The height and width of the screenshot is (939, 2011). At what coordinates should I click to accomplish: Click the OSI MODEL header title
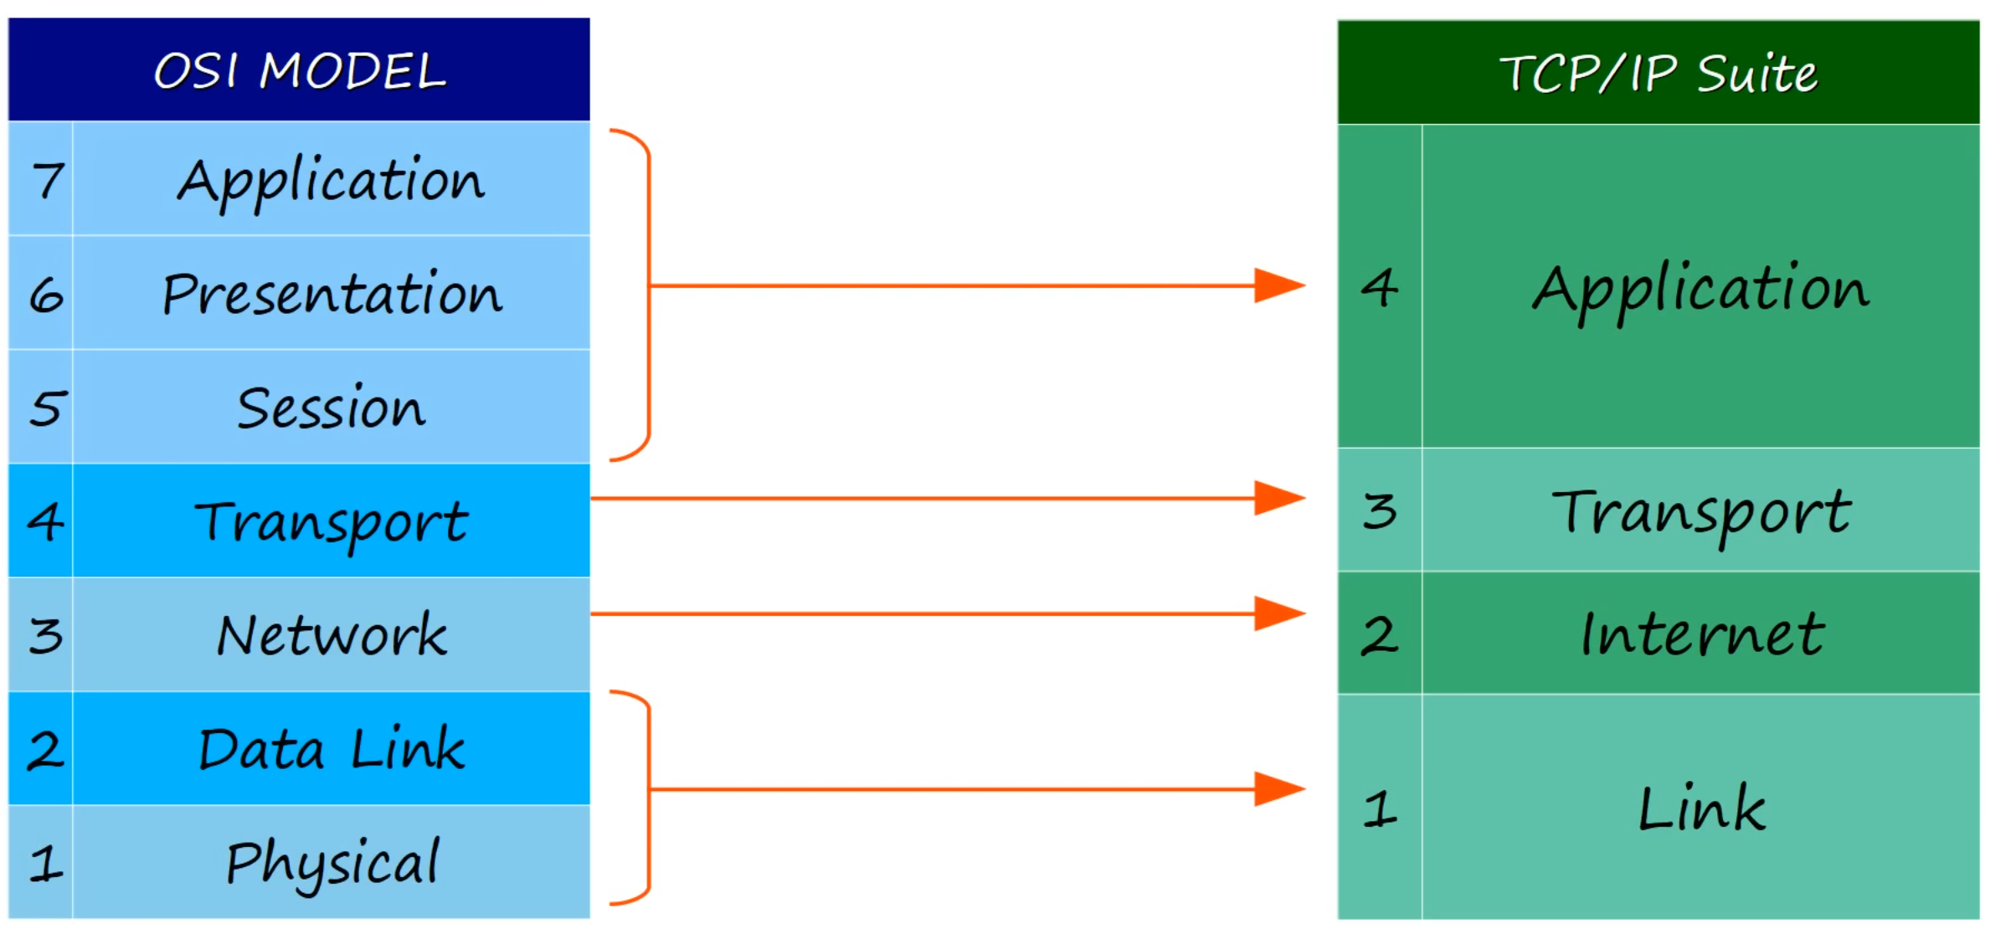(x=300, y=71)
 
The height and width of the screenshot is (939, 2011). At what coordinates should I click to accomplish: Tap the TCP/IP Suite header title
(x=1658, y=74)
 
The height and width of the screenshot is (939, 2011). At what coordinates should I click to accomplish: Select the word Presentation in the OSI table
(x=332, y=294)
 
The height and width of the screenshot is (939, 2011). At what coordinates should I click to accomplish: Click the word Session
(x=332, y=408)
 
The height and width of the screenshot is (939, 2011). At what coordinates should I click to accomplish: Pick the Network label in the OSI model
(x=332, y=635)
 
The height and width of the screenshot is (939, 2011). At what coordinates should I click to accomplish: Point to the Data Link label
(x=332, y=749)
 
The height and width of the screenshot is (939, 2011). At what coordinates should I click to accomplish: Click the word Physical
(x=332, y=862)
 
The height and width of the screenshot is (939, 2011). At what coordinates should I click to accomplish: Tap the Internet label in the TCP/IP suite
(x=1702, y=634)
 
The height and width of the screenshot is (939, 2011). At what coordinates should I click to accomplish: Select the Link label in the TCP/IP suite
(x=1702, y=808)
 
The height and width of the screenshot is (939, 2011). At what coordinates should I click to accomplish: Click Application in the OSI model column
(x=332, y=180)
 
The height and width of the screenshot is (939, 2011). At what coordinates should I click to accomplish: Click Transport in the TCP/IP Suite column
(x=1702, y=511)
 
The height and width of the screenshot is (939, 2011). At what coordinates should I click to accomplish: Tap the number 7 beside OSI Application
(x=48, y=180)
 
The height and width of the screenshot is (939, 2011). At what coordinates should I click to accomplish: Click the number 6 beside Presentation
(x=46, y=295)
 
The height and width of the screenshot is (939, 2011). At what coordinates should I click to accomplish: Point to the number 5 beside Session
(x=46, y=408)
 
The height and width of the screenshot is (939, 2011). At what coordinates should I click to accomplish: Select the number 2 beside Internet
(x=1380, y=635)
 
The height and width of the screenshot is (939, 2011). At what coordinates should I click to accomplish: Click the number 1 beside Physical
(x=46, y=863)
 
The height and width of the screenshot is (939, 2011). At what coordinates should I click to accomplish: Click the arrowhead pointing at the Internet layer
(x=1279, y=613)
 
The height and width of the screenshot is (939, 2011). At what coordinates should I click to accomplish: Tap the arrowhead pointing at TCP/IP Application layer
(x=1279, y=285)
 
